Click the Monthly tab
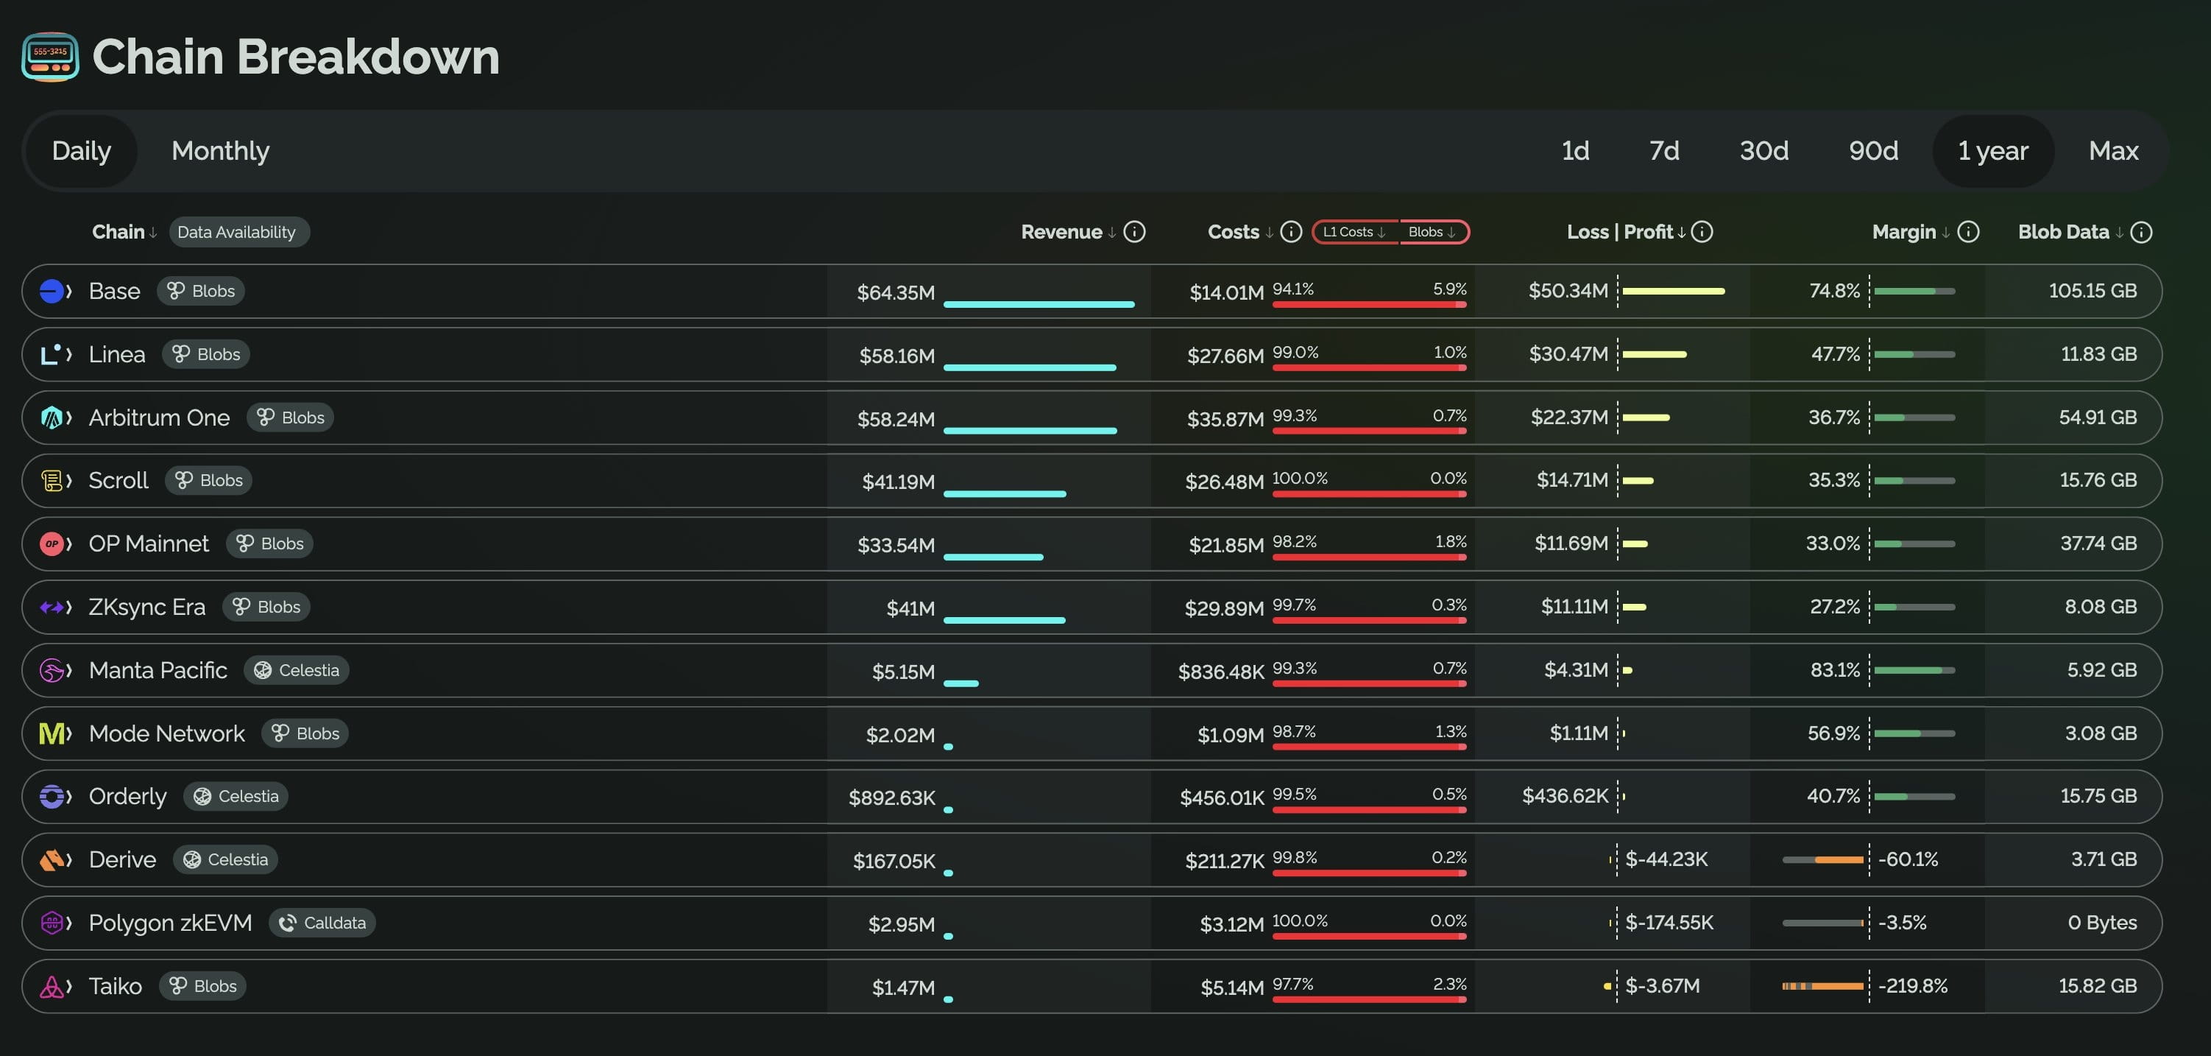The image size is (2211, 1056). [x=220, y=151]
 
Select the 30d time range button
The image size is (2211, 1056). [x=1764, y=151]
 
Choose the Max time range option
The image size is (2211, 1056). [x=2113, y=151]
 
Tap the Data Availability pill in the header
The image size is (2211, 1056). [x=236, y=232]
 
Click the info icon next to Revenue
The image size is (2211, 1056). [x=1135, y=232]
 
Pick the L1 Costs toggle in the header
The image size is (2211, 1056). [x=1354, y=232]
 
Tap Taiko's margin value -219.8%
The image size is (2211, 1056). [x=1912, y=985]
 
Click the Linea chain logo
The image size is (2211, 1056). [x=52, y=353]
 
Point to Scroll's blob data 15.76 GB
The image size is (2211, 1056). [x=2098, y=480]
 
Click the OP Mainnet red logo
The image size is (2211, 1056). [x=52, y=543]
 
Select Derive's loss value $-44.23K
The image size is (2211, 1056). [x=1666, y=859]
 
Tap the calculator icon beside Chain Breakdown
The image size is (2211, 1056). [x=51, y=57]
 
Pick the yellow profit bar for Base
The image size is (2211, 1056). [x=1673, y=291]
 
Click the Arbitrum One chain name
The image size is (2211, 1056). [x=159, y=418]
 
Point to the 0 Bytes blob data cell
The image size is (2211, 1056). [x=2102, y=923]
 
